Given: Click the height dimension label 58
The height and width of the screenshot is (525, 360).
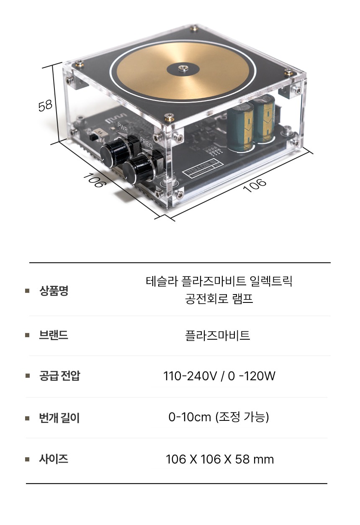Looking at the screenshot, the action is point(45,106).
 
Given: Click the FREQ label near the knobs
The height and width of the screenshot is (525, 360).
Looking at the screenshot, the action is point(146,143).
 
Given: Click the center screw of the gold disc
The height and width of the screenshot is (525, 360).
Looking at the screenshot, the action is point(183,68).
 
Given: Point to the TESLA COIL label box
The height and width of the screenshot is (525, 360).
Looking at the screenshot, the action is point(200,168).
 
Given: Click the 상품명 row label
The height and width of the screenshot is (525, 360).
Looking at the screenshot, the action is point(54,291).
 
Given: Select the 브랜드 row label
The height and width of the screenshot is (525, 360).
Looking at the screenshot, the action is point(54,335).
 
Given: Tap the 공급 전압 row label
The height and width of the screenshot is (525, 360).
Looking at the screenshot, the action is point(59,376).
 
